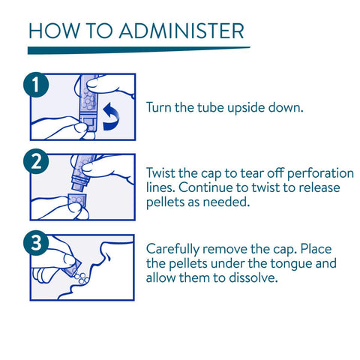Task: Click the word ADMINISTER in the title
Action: (x=181, y=31)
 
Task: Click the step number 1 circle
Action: (x=36, y=85)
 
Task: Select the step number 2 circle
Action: (x=36, y=161)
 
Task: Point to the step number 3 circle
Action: (x=36, y=243)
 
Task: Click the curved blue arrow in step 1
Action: (x=111, y=117)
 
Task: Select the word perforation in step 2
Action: (x=320, y=174)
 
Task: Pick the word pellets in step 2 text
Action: (x=165, y=202)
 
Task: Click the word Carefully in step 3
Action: (x=172, y=250)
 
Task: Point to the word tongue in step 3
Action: (x=291, y=264)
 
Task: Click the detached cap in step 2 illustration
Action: (x=77, y=200)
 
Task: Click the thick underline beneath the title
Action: (x=139, y=50)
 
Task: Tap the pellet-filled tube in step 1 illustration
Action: (x=88, y=103)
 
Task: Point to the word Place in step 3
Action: (x=316, y=249)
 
